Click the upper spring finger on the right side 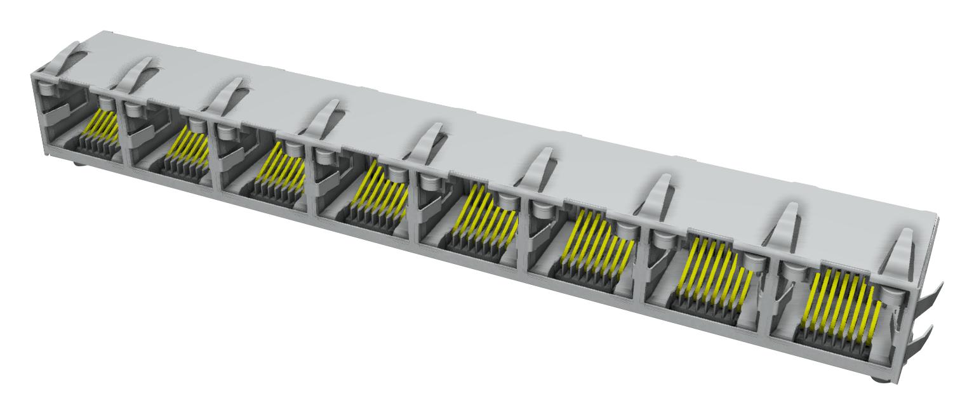point(926,298)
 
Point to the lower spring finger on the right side point(924,336)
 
